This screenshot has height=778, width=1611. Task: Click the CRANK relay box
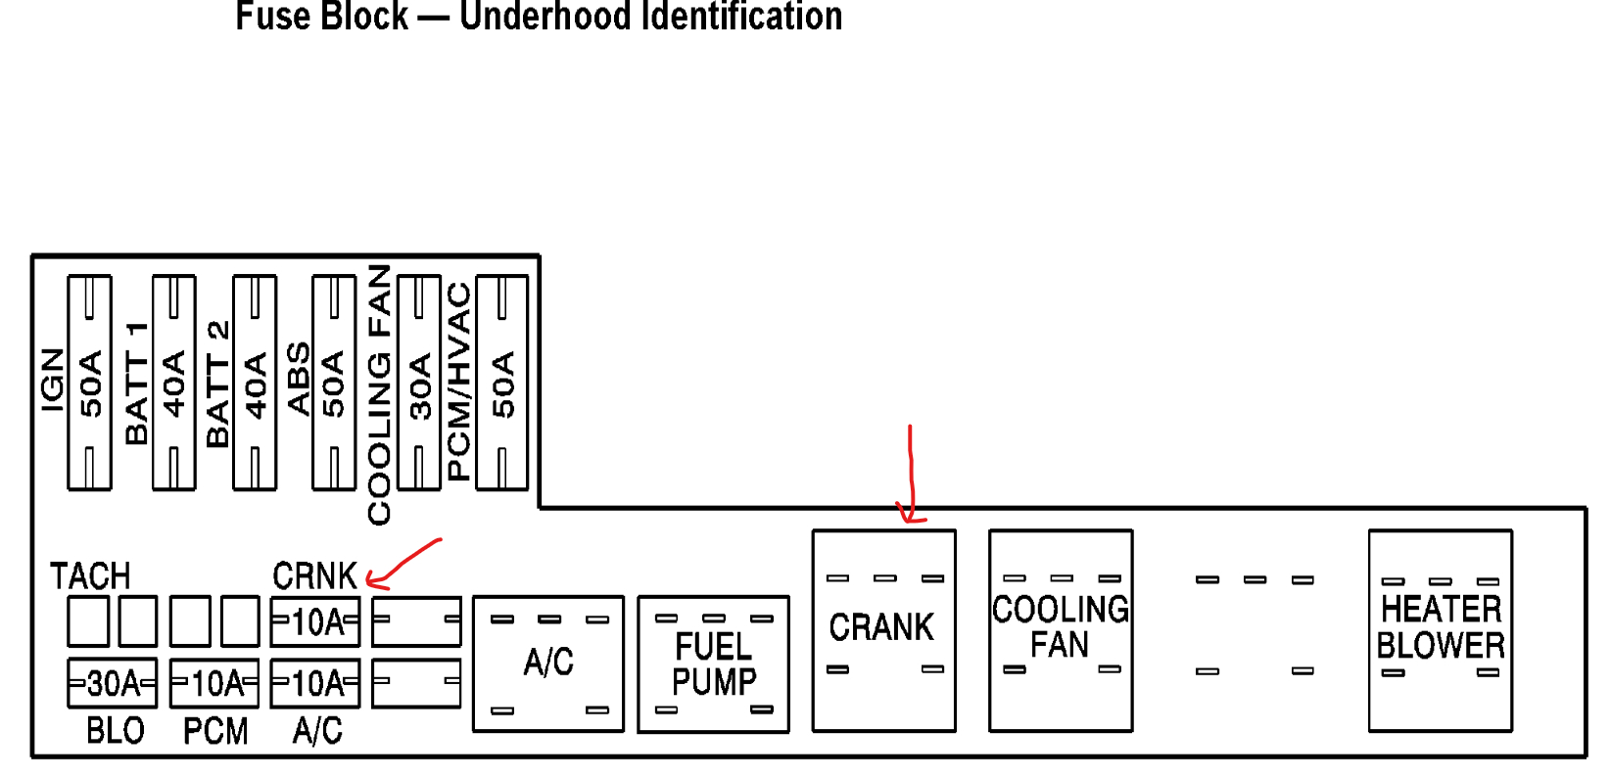883,630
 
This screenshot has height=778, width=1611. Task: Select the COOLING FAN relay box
1061,630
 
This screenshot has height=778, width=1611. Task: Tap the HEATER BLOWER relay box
1440,630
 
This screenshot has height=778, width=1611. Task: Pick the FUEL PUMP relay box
713,664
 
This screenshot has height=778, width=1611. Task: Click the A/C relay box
548,664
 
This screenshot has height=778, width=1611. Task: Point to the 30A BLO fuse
112,683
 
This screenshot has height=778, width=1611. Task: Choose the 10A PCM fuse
213,683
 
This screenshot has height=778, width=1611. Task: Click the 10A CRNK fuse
315,621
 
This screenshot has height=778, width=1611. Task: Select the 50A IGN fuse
89,383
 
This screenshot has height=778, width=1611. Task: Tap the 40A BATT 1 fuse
174,383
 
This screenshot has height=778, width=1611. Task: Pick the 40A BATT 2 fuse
255,383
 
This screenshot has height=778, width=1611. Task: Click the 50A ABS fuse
334,383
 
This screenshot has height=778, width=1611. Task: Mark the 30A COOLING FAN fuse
419,383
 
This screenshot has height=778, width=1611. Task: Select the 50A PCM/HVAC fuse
501,383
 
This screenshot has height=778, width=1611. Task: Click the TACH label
90,575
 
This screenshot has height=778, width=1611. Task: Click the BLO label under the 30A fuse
115,731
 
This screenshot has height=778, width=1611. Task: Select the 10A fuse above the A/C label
315,683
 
